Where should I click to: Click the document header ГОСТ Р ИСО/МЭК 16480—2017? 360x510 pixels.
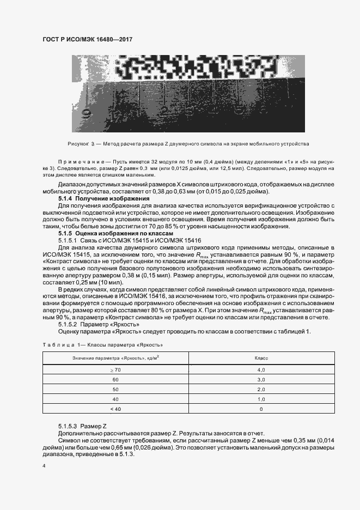coord(87,40)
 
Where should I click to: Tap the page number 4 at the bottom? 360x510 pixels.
coord(44,466)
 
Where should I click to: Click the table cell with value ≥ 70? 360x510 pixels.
coord(115,370)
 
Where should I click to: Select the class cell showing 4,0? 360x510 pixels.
coord(260,370)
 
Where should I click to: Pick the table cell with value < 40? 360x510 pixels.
coord(115,409)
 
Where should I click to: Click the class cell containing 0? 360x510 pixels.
coord(260,409)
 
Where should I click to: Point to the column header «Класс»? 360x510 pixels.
coord(260,357)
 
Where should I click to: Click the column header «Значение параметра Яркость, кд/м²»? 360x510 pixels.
coord(115,357)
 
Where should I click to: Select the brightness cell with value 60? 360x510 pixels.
coord(115,380)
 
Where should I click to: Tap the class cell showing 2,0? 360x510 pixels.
coord(260,390)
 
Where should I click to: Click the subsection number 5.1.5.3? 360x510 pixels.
coord(68,424)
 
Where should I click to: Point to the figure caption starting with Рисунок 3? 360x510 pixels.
coord(180,144)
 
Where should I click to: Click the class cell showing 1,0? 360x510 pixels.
coord(260,399)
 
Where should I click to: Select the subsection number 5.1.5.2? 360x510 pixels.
coord(68,324)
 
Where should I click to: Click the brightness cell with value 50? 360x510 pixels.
coord(115,390)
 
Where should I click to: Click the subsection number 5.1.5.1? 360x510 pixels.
coord(68,240)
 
